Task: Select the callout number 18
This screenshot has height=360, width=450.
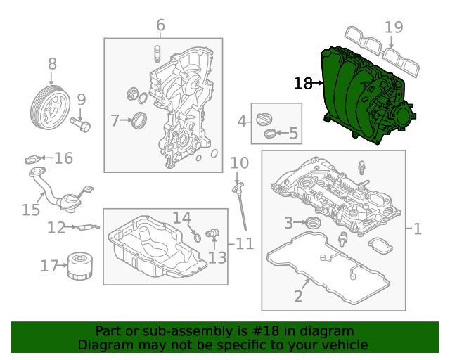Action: click(302, 84)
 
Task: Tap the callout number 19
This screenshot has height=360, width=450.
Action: click(394, 27)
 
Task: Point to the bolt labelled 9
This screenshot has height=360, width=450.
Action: click(81, 126)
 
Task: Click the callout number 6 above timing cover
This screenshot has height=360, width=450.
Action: click(160, 26)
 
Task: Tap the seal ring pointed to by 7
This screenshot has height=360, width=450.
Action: click(140, 121)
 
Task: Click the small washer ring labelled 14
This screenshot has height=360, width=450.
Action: click(198, 238)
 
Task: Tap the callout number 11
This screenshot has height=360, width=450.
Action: click(244, 244)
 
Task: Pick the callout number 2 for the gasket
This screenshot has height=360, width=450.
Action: click(298, 296)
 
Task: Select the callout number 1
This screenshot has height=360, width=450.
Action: click(416, 229)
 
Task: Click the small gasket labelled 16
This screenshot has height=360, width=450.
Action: click(32, 160)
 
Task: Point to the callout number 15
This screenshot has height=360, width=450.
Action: click(30, 210)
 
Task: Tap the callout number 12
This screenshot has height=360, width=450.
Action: click(56, 227)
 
